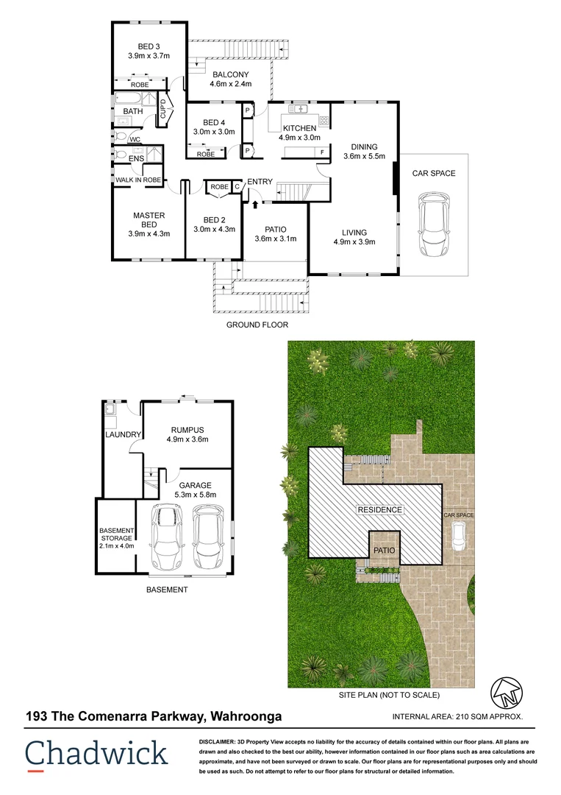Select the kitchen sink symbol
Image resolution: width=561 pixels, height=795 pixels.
point(299,110)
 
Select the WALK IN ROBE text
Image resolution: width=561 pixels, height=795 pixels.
point(137,180)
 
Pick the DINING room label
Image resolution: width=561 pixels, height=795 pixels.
point(364,146)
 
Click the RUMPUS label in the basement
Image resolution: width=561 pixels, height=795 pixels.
point(187,430)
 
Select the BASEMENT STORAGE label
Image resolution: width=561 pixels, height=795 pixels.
point(117,535)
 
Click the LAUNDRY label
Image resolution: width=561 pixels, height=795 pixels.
point(122,435)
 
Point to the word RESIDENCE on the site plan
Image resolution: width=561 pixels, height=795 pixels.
point(379,509)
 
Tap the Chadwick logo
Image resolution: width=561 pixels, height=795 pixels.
point(96,754)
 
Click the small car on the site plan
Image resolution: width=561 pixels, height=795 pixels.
point(458,540)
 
